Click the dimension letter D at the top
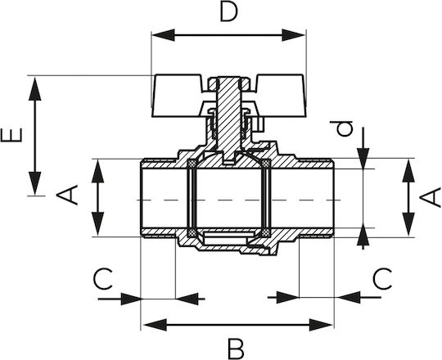pos(228,12)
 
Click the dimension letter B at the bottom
pos(236,348)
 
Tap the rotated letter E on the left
pos(11,135)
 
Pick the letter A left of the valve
pos(67,195)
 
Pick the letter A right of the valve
pos(430,197)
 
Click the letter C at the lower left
pos(103,279)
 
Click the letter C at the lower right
pos(382,279)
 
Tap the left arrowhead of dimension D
pos(163,35)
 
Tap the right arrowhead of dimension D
pos(294,35)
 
